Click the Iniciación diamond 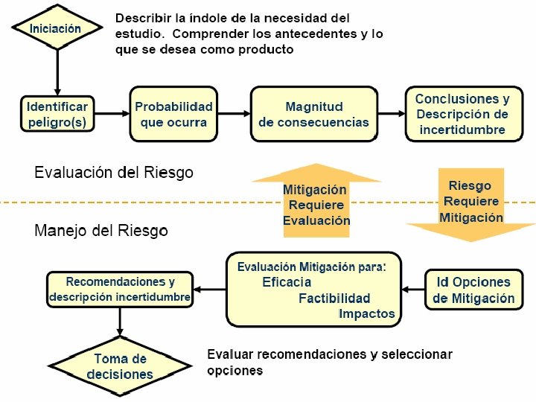pos(57,28)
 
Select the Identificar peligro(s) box pos(57,114)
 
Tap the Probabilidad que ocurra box pos(173,114)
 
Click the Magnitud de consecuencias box pos(313,114)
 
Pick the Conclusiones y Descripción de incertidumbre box pos(462,114)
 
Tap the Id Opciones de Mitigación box pos(473,290)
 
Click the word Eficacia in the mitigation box pos(287,282)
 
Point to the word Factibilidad pos(334,299)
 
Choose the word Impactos pos(366,313)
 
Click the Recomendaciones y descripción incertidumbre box pos(120,290)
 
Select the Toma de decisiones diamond pos(120,367)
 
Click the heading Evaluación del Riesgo pos(114,173)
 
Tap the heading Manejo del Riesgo pos(101,231)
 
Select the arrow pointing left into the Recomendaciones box pos(209,290)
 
